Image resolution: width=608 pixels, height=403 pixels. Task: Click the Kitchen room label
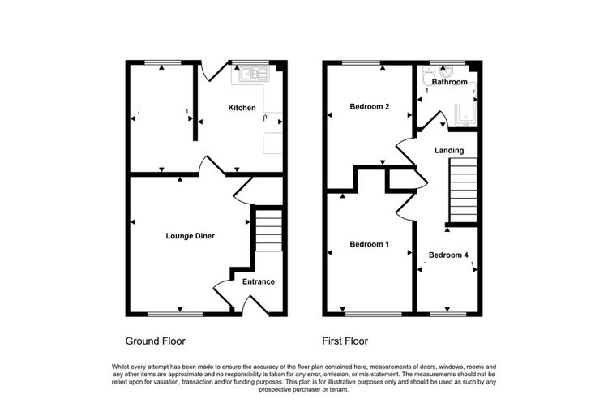click(x=242, y=108)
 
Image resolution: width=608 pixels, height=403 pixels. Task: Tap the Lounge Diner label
click(x=190, y=236)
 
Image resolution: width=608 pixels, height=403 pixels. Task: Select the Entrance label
click(x=259, y=281)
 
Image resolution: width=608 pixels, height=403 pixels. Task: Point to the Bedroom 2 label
click(x=369, y=107)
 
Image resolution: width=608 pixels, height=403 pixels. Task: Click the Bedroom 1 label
click(x=369, y=244)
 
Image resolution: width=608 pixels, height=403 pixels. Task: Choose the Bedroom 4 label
click(x=448, y=255)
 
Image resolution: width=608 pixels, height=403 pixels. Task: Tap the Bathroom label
click(x=449, y=82)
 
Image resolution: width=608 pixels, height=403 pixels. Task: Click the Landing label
click(x=449, y=151)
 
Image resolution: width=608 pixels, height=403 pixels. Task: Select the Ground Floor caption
click(x=155, y=341)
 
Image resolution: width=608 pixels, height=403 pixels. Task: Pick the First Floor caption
click(x=345, y=341)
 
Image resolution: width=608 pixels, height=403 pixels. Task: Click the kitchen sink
click(x=254, y=74)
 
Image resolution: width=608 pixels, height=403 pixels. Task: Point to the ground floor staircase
click(x=268, y=231)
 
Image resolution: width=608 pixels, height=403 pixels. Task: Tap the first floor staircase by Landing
click(x=463, y=190)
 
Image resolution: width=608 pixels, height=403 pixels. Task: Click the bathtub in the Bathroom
click(x=465, y=105)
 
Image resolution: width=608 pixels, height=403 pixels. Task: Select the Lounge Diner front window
click(x=175, y=314)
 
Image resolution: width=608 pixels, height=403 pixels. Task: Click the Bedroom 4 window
click(x=448, y=314)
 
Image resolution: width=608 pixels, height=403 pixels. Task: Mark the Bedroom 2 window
click(x=361, y=62)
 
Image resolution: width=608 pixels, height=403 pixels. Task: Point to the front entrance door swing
click(x=255, y=305)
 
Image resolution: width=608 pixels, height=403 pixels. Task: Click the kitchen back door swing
click(x=212, y=71)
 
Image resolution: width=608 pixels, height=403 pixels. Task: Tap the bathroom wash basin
click(x=447, y=72)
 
